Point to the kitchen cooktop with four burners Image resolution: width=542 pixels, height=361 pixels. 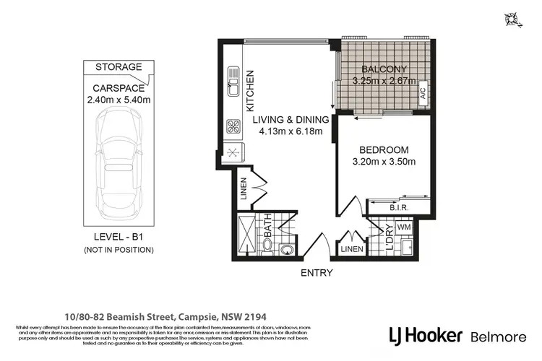(234, 126)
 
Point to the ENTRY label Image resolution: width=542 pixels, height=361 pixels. (317, 273)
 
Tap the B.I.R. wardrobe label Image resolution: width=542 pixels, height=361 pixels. (399, 209)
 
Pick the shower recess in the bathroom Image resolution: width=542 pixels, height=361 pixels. (249, 233)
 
